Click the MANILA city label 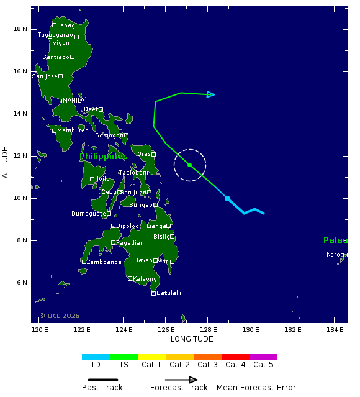(74, 101)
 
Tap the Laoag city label (66, 25)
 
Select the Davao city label (143, 260)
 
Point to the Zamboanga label (104, 262)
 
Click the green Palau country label (335, 240)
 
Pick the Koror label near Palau (334, 255)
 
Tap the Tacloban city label (132, 173)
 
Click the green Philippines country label (103, 157)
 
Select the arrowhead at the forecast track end (212, 94)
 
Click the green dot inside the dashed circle (190, 165)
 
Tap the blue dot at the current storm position (228, 198)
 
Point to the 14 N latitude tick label (20, 114)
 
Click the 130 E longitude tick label (250, 329)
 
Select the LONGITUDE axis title (192, 339)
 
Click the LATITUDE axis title (6, 164)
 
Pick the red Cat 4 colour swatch (235, 357)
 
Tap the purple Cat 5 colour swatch (263, 357)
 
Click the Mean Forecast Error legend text (256, 388)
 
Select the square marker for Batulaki (154, 293)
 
